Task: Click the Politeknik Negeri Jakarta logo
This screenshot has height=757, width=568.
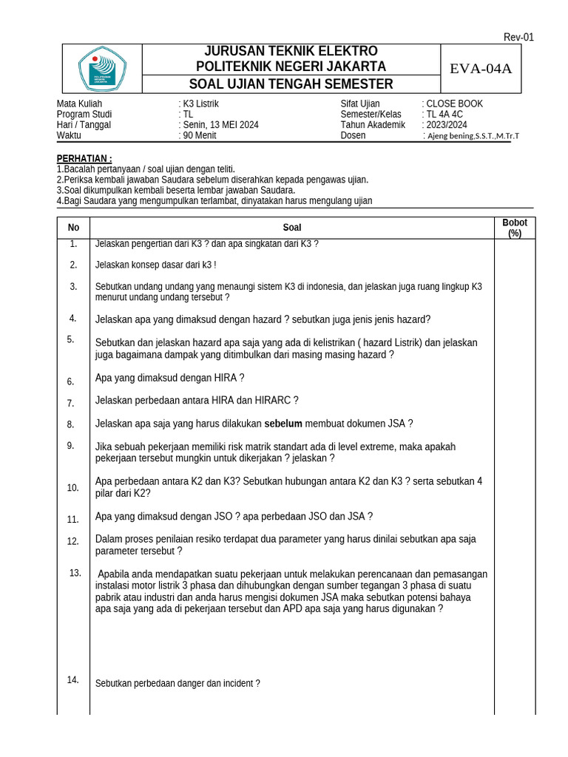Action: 102,69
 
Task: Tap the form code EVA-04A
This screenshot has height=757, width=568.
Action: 481,69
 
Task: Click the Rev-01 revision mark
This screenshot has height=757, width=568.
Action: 518,37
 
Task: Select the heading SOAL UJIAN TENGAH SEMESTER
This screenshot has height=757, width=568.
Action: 291,84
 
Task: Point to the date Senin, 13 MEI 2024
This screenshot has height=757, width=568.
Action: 221,125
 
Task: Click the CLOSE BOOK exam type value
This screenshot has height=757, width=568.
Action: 454,104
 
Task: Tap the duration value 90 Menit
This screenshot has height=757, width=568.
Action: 200,135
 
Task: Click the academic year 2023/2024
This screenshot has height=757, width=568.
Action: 447,125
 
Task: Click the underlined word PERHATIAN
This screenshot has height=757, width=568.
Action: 84,159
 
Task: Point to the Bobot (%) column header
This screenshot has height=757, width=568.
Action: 515,228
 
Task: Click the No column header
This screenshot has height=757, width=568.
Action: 73,228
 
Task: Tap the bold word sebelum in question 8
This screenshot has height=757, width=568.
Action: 283,424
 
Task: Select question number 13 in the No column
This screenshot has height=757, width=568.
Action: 75,573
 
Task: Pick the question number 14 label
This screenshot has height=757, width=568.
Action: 72,680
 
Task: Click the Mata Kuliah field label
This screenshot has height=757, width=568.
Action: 79,104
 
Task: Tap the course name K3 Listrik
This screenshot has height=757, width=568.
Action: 200,104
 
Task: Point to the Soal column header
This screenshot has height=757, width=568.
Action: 292,228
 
